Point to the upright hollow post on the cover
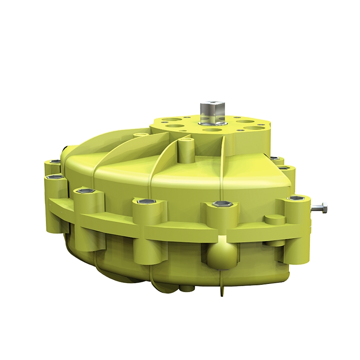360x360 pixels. click(186, 151)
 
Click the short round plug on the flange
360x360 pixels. click(274, 220)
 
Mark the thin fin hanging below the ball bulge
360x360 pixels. click(222, 286)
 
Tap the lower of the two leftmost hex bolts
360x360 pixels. click(53, 178)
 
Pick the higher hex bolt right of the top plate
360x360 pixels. click(274, 158)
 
